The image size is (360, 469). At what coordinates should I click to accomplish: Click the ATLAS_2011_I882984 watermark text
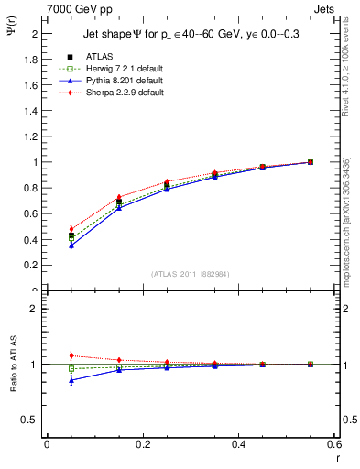(191, 274)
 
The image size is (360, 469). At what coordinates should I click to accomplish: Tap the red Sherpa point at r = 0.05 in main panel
(71, 229)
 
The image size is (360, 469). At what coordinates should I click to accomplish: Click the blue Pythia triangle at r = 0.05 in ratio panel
(71, 380)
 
